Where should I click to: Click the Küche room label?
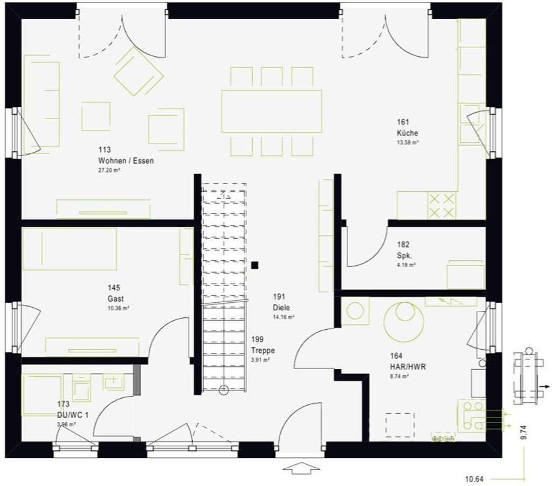[407, 133]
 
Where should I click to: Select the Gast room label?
[115, 298]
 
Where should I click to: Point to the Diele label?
[281, 308]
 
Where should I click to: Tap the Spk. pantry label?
[404, 255]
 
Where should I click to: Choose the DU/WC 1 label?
[72, 414]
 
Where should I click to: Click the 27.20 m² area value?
[109, 170]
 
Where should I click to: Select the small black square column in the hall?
[254, 265]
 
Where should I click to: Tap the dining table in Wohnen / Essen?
[271, 111]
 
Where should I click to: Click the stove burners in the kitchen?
[441, 206]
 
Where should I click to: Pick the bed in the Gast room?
[70, 248]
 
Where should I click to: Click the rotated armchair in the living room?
[138, 71]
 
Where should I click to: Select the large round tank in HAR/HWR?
[403, 322]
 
